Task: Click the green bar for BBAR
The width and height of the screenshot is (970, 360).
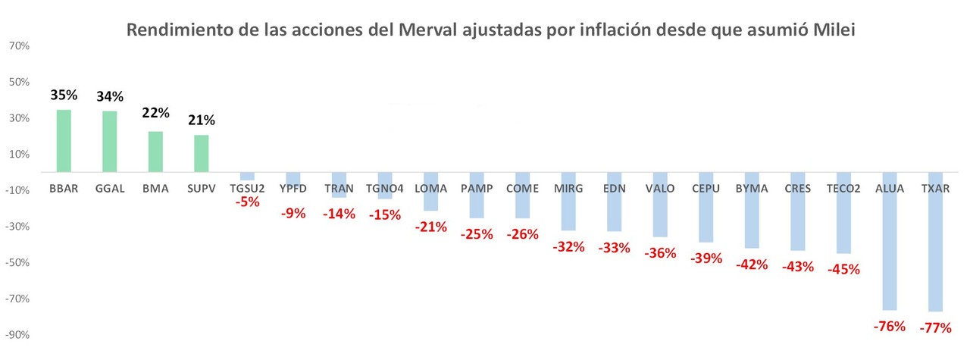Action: [x=64, y=141]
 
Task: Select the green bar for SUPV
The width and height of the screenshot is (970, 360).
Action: [x=201, y=154]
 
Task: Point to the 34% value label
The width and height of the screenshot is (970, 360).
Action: [x=110, y=96]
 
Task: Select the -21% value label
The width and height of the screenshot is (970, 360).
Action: [x=430, y=227]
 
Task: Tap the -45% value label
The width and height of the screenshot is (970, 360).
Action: [x=843, y=269]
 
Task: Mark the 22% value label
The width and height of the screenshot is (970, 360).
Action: [x=155, y=112]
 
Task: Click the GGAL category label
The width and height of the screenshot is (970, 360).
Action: [x=110, y=188]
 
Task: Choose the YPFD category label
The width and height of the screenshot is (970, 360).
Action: [x=293, y=188]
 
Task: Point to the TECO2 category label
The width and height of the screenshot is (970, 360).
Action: [x=843, y=188]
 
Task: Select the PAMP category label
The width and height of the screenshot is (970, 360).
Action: [x=477, y=188]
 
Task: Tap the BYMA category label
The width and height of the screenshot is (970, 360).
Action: [x=752, y=188]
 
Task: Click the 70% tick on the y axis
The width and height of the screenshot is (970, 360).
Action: [x=19, y=46]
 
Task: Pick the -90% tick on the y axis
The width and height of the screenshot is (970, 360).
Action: [x=17, y=335]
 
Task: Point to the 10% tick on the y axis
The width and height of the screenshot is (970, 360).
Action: [x=19, y=155]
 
